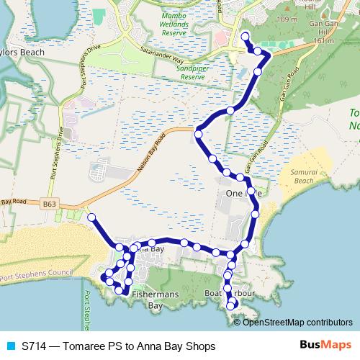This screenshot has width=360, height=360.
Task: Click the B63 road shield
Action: [x=49, y=204]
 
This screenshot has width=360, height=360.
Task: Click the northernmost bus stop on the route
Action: [x=245, y=36]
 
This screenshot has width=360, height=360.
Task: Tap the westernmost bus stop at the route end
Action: [x=91, y=217]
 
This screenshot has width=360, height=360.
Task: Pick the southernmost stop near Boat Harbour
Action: [x=231, y=307]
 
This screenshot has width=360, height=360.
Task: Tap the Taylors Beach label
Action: [x=20, y=54]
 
